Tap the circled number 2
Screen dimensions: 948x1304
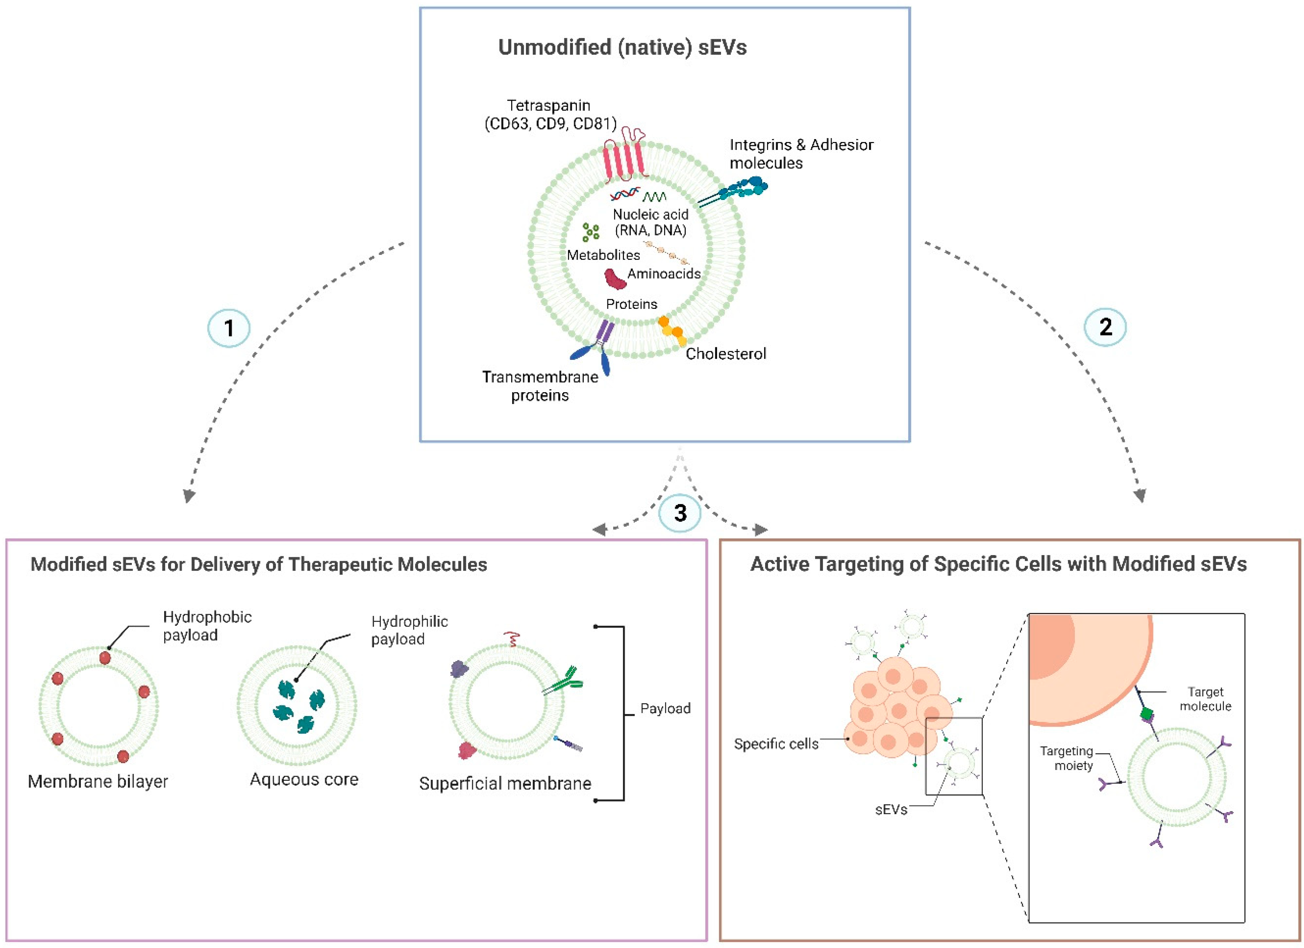click(x=1105, y=327)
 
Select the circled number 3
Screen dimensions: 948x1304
click(x=680, y=513)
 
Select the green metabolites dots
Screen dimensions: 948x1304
click(x=591, y=232)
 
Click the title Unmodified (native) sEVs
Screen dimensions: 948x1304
click(x=622, y=47)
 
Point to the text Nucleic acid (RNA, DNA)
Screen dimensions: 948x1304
click(x=650, y=223)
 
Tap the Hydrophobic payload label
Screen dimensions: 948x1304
click(x=207, y=626)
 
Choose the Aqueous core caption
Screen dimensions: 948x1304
click(x=304, y=779)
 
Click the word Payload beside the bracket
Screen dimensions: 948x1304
click(x=665, y=709)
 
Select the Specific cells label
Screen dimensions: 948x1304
click(x=776, y=744)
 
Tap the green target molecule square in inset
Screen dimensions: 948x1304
click(x=1146, y=714)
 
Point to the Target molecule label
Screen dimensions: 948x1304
click(x=1205, y=699)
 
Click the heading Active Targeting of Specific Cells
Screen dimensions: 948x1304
click(x=998, y=564)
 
